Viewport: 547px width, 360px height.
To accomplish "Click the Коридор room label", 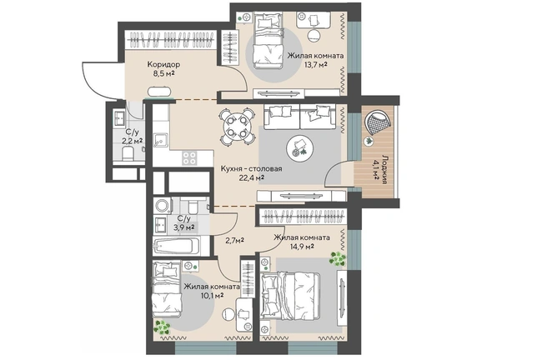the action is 163,64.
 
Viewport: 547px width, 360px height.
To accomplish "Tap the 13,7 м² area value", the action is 315,65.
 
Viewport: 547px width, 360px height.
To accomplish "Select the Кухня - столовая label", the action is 251,169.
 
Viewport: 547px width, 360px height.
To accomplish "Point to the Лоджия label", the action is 384,169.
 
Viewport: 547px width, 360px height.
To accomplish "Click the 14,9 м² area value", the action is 302,247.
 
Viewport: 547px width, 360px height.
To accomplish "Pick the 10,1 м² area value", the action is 212,296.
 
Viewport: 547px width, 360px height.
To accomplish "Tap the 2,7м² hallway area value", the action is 233,240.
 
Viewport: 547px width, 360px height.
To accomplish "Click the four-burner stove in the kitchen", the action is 189,157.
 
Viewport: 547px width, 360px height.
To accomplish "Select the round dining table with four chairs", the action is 237,127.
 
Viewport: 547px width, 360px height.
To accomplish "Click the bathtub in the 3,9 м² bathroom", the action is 177,247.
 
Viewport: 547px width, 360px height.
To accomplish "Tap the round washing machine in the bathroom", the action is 163,206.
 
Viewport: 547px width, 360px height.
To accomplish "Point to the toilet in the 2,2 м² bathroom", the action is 128,153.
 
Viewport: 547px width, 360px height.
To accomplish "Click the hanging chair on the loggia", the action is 377,122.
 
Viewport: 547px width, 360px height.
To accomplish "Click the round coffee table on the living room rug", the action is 299,147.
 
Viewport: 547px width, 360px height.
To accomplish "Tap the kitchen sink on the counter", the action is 161,140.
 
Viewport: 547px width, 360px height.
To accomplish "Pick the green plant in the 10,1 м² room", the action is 163,327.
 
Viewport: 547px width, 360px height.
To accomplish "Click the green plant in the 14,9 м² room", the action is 338,258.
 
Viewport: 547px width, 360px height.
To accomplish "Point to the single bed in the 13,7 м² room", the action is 268,41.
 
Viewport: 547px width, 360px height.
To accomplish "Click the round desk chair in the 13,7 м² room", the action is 314,35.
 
